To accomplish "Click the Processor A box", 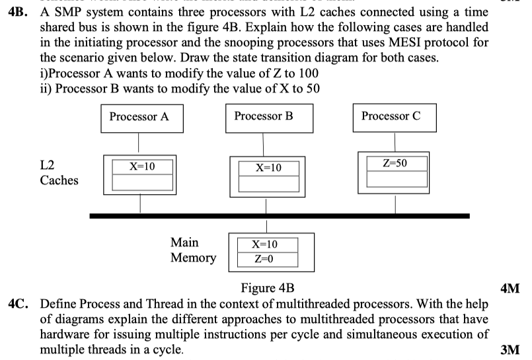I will click(x=139, y=117).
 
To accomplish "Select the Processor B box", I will click(x=264, y=116).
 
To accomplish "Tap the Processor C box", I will click(x=391, y=116).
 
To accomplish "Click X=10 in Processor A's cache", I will click(x=141, y=166).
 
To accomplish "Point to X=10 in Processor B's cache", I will click(x=268, y=168).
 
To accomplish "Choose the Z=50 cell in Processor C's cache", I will click(x=395, y=162).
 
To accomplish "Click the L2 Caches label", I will click(x=59, y=172).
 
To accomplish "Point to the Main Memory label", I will click(x=193, y=250).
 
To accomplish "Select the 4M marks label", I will click(x=512, y=288).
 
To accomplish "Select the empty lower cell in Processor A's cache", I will click(x=141, y=182).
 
